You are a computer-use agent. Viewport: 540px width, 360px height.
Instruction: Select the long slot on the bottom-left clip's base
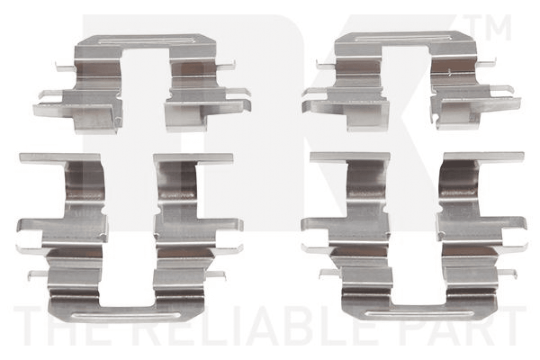pyautogui.click(x=127, y=316)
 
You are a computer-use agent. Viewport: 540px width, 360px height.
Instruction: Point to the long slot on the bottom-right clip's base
pyautogui.click(x=419, y=314)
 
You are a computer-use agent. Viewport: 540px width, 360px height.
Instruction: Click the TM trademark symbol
pyautogui.click(x=487, y=27)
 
